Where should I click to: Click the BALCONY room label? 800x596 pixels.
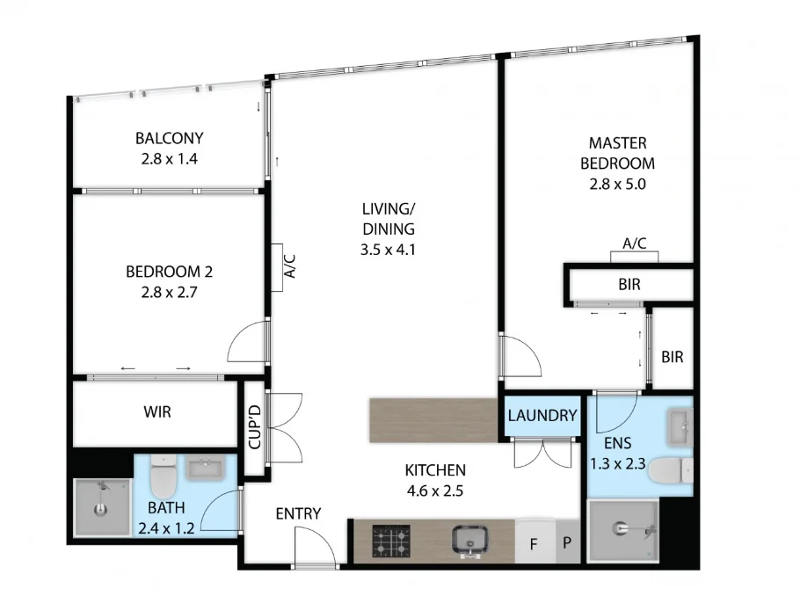tap(169, 138)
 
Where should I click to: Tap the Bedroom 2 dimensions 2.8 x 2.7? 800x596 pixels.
tap(169, 293)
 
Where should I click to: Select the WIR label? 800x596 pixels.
tap(156, 411)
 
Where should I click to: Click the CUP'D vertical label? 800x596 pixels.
tap(254, 427)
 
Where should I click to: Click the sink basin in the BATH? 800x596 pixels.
tap(206, 469)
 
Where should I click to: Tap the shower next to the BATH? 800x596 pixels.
tap(101, 509)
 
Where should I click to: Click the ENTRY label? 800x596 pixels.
tap(298, 514)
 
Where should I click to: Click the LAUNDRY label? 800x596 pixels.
tap(542, 416)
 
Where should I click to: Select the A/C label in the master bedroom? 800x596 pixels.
tap(634, 243)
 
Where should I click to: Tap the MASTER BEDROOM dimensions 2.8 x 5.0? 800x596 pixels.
tap(622, 185)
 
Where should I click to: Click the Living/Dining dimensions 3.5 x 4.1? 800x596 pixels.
tap(387, 249)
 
